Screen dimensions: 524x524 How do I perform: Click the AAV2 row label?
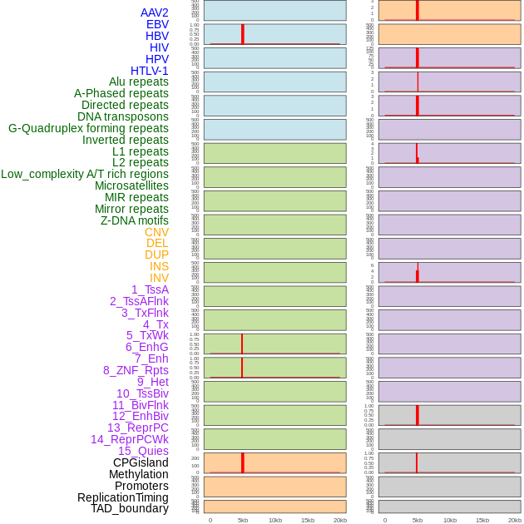pyautogui.click(x=155, y=12)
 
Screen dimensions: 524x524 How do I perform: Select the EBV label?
pyautogui.click(x=157, y=24)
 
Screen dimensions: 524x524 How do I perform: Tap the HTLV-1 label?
pyautogui.click(x=150, y=71)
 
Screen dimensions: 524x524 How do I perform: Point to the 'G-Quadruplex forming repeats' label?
pyautogui.click(x=88, y=128)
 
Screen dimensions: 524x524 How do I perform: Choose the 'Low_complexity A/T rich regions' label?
pyautogui.click(x=85, y=174)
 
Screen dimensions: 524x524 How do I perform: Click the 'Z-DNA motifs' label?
pyautogui.click(x=135, y=220)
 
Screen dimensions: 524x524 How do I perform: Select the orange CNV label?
pyautogui.click(x=156, y=232)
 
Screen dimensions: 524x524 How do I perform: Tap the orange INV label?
pyautogui.click(x=159, y=278)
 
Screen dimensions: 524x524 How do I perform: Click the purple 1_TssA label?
pyautogui.click(x=150, y=289)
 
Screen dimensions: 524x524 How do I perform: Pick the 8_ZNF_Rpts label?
pyautogui.click(x=136, y=370)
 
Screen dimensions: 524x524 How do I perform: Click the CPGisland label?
pyautogui.click(x=141, y=462)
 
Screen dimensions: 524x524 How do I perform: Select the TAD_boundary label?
pyautogui.click(x=130, y=508)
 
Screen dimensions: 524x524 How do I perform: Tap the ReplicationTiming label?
pyautogui.click(x=123, y=497)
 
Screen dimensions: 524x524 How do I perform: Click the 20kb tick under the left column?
pyautogui.click(x=340, y=520)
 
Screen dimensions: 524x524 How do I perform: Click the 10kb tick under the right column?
pyautogui.click(x=449, y=520)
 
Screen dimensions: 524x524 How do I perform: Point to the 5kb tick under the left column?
pyautogui.click(x=242, y=520)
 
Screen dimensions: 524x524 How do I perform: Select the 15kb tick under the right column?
pyautogui.click(x=482, y=520)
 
